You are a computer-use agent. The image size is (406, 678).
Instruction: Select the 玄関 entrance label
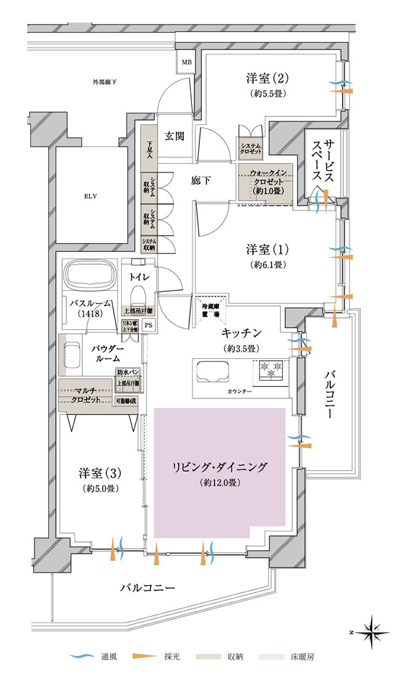tap(175, 136)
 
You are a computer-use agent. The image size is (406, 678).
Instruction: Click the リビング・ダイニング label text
tap(219, 467)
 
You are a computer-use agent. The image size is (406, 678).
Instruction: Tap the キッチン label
tap(242, 333)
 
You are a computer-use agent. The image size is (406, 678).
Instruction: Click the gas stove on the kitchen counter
tap(271, 371)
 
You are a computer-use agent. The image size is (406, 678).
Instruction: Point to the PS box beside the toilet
tap(149, 326)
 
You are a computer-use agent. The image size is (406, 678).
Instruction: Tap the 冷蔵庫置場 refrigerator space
tap(210, 309)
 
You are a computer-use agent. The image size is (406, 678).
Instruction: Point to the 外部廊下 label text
tap(105, 82)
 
